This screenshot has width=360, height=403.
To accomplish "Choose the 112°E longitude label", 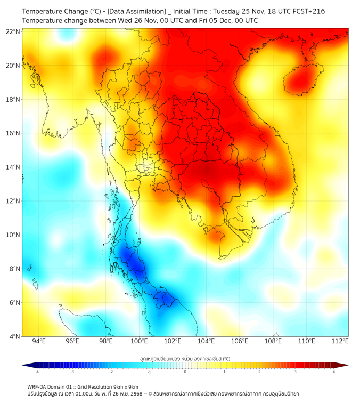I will coord(340,341).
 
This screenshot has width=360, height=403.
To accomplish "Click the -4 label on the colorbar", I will coord(37,372).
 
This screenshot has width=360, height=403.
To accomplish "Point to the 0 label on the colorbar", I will coord(185,372).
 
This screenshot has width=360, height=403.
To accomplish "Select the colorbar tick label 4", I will coord(333,372).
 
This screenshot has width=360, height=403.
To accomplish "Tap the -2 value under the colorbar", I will coord(111,372).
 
